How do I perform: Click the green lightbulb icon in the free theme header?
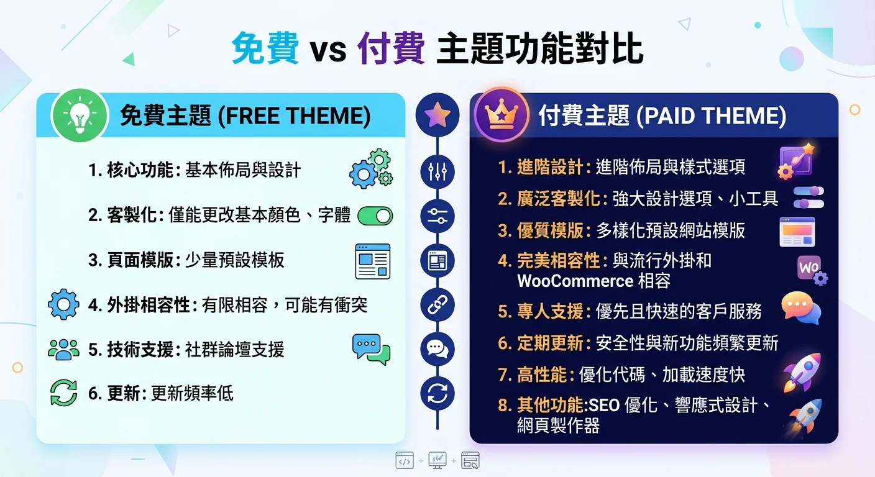tap(80, 116)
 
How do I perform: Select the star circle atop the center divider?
tap(437, 115)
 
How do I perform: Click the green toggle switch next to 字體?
tap(375, 216)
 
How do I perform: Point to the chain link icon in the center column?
tap(437, 305)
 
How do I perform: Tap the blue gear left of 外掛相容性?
tap(63, 305)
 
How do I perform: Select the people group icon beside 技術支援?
tap(63, 350)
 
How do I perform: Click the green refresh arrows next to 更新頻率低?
tap(63, 394)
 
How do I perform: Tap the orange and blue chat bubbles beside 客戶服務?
tap(801, 308)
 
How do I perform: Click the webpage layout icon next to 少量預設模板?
tap(372, 261)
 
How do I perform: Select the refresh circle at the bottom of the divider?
tap(437, 394)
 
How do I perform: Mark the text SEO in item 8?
tap(605, 406)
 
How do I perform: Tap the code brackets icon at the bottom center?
tap(405, 461)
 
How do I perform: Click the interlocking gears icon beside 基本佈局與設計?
tap(371, 168)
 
